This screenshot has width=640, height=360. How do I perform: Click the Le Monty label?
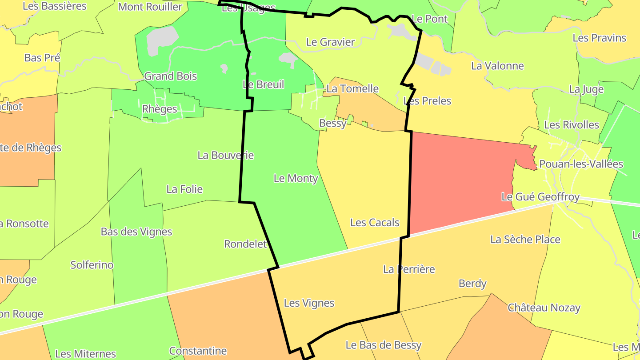[296, 179]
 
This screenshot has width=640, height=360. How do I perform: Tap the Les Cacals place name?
[375, 223]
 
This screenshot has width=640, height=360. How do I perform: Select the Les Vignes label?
[309, 303]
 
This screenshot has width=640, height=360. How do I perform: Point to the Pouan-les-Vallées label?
[581, 164]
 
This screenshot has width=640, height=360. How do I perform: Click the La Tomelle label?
[352, 89]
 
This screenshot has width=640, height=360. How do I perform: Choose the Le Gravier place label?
[330, 42]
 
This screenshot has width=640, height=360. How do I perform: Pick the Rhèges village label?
[159, 109]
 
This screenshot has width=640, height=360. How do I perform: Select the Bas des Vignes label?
[136, 232]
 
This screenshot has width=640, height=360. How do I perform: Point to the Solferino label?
[92, 265]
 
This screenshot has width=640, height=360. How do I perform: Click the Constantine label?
[198, 351]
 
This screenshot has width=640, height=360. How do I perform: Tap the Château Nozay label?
[544, 308]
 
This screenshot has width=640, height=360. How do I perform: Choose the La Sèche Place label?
[525, 240]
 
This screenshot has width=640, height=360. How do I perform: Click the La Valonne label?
[497, 66]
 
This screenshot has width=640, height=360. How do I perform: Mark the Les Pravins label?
[599, 38]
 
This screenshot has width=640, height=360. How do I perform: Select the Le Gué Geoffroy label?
[540, 197]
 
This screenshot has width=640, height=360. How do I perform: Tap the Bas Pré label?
[42, 58]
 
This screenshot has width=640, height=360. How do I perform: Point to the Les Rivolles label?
[571, 125]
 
